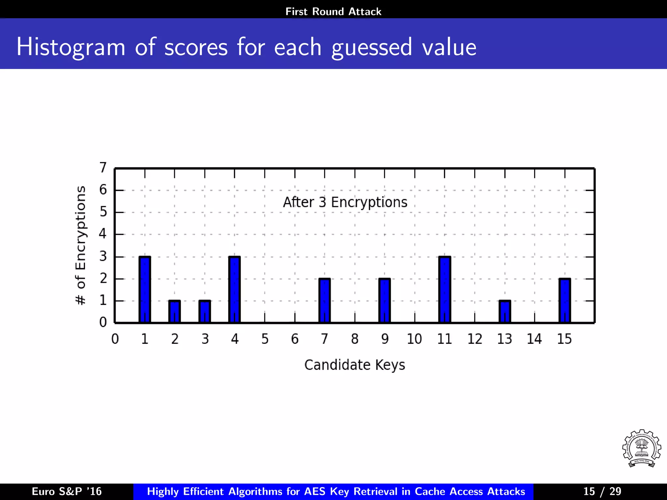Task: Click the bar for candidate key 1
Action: [x=145, y=290]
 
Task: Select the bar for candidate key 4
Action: [x=234, y=290]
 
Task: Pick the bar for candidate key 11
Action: [x=445, y=290]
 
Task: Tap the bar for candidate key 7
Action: [x=324, y=301]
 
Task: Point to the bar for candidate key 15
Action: [x=564, y=301]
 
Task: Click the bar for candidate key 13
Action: [x=504, y=312]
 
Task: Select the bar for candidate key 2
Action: [x=175, y=312]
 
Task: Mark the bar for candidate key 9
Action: [x=385, y=301]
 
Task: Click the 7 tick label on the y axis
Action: [x=103, y=168]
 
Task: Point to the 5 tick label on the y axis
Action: [x=103, y=212]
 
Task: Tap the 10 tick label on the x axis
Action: [x=414, y=339]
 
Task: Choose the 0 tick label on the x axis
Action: [x=115, y=339]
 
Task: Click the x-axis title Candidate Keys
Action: [x=355, y=365]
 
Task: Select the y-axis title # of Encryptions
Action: [x=80, y=245]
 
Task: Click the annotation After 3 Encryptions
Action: [x=345, y=202]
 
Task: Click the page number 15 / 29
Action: [x=602, y=491]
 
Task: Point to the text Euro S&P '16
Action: [x=67, y=491]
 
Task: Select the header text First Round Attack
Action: [x=333, y=12]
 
